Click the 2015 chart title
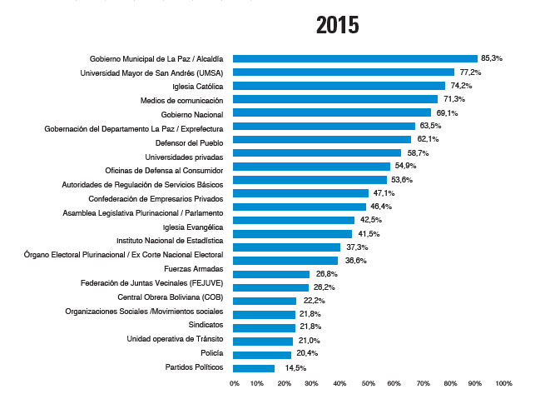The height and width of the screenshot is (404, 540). click(x=337, y=24)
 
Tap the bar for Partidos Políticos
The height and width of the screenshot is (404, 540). click(x=254, y=368)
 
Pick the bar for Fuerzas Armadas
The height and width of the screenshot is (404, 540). click(x=271, y=274)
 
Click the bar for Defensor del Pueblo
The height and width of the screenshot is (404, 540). click(x=322, y=139)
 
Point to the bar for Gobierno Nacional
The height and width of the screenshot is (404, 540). click(x=332, y=112)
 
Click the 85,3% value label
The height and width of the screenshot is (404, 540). click(x=493, y=58)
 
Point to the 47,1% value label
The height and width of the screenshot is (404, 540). click(x=384, y=193)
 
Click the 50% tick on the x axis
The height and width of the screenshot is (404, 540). click(x=369, y=384)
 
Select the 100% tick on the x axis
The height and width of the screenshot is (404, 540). click(x=503, y=384)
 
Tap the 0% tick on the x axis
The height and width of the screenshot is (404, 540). click(x=234, y=384)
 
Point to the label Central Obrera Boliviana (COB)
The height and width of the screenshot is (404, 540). click(x=171, y=297)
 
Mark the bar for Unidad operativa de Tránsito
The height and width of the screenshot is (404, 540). click(x=263, y=341)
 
